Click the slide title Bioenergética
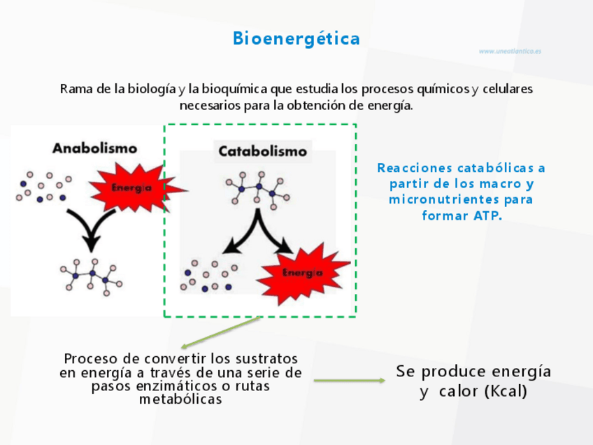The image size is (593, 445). [296, 38]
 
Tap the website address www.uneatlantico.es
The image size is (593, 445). [510, 51]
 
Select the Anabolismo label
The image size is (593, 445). [94, 148]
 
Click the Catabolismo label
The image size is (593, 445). [262, 151]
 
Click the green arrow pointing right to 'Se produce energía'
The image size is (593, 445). [349, 381]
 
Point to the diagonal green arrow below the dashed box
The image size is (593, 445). [220, 332]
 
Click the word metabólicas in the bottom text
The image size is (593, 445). [180, 400]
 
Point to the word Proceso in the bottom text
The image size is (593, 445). [91, 358]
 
